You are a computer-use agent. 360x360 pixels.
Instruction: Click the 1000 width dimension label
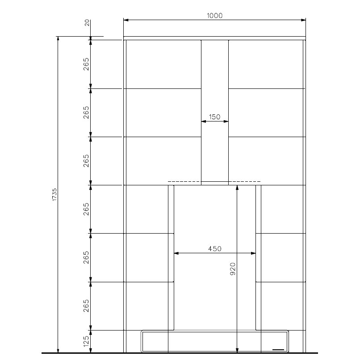pyautogui.click(x=215, y=16)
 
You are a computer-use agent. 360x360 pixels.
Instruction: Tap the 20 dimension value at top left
pyautogui.click(x=87, y=23)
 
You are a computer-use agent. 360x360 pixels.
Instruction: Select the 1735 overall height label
pyautogui.click(x=54, y=195)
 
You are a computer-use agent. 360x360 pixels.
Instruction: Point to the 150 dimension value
pyautogui.click(x=215, y=117)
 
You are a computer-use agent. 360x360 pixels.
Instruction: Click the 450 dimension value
pyautogui.click(x=215, y=249)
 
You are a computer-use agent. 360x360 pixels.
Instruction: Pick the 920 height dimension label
pyautogui.click(x=233, y=269)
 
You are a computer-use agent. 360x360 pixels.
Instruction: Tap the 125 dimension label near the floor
pyautogui.click(x=86, y=341)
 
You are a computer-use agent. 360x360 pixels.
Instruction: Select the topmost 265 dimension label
pyautogui.click(x=86, y=64)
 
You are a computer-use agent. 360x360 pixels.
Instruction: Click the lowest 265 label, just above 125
pyautogui.click(x=86, y=306)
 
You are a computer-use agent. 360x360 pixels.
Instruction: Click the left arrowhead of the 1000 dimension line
pyautogui.click(x=126, y=20)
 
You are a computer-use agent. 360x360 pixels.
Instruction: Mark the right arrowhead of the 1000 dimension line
pyautogui.click(x=303, y=20)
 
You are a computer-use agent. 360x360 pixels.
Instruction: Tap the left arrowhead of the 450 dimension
pyautogui.click(x=176, y=253)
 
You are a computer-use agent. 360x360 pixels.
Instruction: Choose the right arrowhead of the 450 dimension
pyautogui.click(x=253, y=253)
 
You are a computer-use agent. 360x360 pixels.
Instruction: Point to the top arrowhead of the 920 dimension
pyautogui.click(x=237, y=188)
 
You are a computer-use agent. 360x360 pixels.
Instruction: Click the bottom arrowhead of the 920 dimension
pyautogui.click(x=237, y=350)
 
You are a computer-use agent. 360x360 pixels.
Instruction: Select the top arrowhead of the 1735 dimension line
pyautogui.click(x=58, y=39)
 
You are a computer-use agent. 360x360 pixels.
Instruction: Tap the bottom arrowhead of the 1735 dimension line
pyautogui.click(x=58, y=350)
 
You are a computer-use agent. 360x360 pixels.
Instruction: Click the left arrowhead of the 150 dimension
pyautogui.click(x=204, y=121)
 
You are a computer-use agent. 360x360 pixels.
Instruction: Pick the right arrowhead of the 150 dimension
pyautogui.click(x=226, y=121)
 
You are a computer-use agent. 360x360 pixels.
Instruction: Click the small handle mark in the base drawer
pyautogui.click(x=278, y=350)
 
